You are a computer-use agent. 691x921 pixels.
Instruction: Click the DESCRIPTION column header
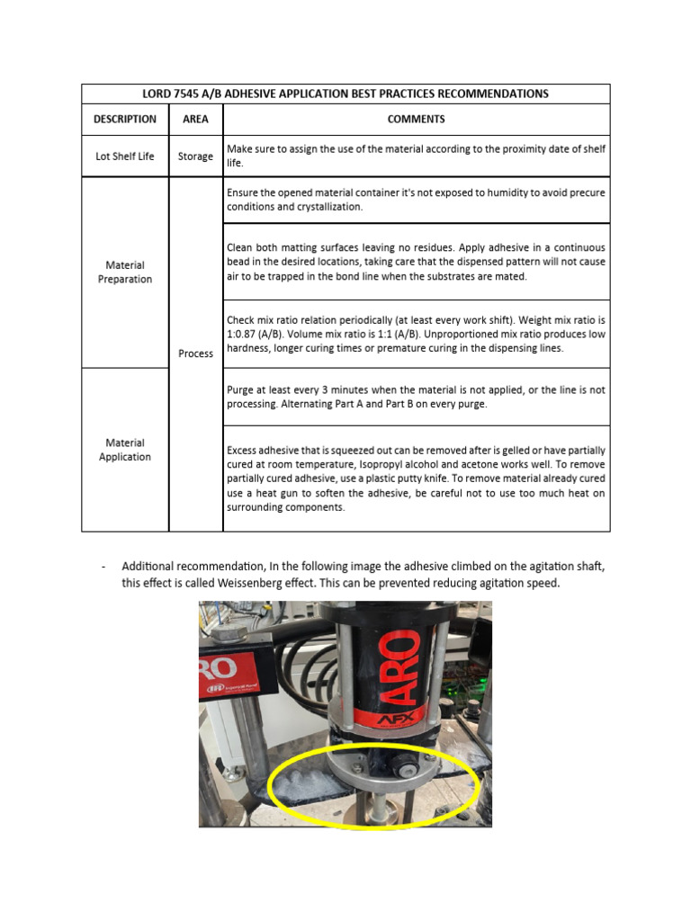click(x=125, y=119)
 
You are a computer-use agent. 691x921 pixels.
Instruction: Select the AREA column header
click(x=195, y=119)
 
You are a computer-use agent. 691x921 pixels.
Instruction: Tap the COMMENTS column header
click(x=416, y=119)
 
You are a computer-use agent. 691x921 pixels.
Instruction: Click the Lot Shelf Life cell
click(x=125, y=156)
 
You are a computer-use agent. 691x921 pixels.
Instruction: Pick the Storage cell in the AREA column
click(x=195, y=156)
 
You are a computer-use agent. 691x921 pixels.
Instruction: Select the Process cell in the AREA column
click(x=195, y=353)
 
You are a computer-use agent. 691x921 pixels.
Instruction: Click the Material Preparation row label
click(x=125, y=272)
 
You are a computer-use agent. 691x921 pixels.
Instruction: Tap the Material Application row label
click(x=125, y=450)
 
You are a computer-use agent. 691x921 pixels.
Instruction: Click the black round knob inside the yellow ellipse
click(x=406, y=770)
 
